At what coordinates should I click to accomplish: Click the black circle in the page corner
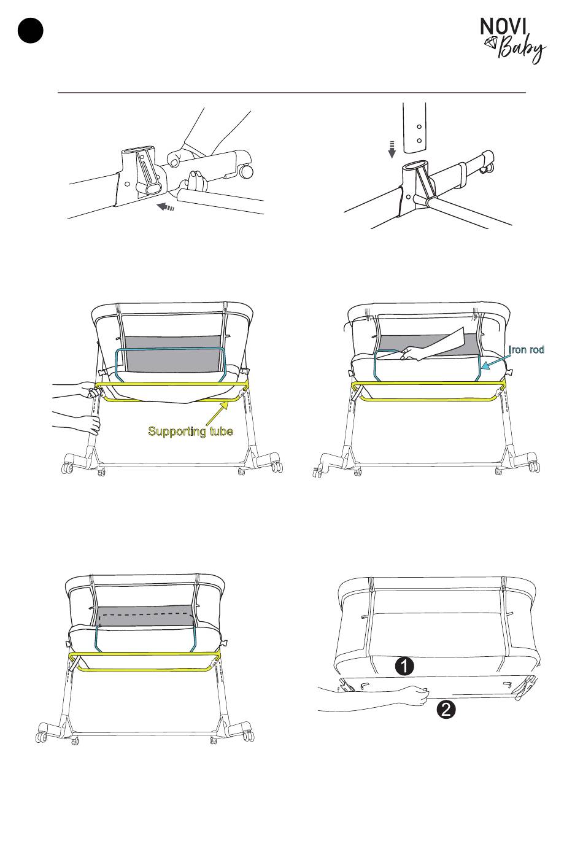pyautogui.click(x=30, y=30)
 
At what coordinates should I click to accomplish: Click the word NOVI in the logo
pyautogui.click(x=503, y=26)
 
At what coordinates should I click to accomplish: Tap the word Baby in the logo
pyautogui.click(x=522, y=49)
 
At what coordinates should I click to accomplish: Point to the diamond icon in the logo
pyautogui.click(x=492, y=42)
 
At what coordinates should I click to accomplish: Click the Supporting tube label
pyautogui.click(x=190, y=432)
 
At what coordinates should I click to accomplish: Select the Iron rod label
pyautogui.click(x=526, y=349)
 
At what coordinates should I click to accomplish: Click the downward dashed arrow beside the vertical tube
pyautogui.click(x=393, y=149)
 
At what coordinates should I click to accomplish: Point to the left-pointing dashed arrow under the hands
pyautogui.click(x=166, y=207)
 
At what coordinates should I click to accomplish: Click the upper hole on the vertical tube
pyautogui.click(x=419, y=126)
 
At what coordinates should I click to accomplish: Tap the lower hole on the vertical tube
pyautogui.click(x=419, y=141)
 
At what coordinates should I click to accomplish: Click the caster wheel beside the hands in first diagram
pyautogui.click(x=246, y=171)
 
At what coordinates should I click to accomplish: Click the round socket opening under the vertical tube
pyautogui.click(x=415, y=166)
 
